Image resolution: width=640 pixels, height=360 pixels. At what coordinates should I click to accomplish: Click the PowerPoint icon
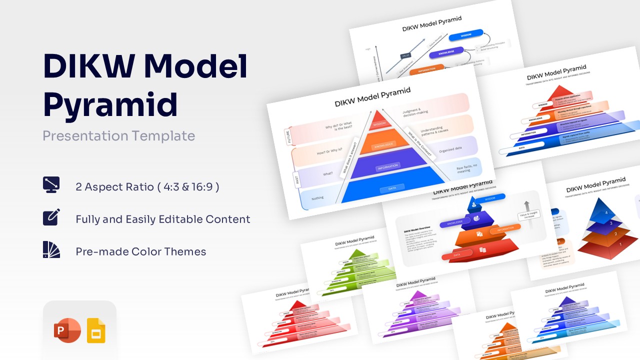pyautogui.click(x=67, y=330)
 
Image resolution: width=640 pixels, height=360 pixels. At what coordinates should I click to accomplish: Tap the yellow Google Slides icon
pyautogui.click(x=96, y=330)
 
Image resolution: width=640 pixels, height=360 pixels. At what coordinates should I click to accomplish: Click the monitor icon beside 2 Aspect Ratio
pyautogui.click(x=51, y=185)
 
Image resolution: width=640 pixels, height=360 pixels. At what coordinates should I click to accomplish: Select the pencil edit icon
pyautogui.click(x=51, y=217)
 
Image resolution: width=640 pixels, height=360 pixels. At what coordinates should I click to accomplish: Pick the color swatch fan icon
pyautogui.click(x=51, y=250)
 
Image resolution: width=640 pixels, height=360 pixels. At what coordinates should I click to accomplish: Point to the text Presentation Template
pyautogui.click(x=118, y=135)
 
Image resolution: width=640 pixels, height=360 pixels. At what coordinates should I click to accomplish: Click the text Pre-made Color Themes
pyautogui.click(x=140, y=251)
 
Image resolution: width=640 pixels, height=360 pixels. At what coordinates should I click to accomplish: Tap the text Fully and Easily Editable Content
pyautogui.click(x=162, y=219)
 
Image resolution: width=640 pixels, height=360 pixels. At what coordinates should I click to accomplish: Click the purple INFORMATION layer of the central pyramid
pyautogui.click(x=387, y=164)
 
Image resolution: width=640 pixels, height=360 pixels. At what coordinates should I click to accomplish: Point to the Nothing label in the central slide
pyautogui.click(x=317, y=198)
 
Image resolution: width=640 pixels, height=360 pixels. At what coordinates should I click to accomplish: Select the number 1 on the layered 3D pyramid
pyautogui.click(x=620, y=244)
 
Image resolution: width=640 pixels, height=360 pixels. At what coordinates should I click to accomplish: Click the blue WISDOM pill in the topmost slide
pyautogui.click(x=465, y=35)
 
